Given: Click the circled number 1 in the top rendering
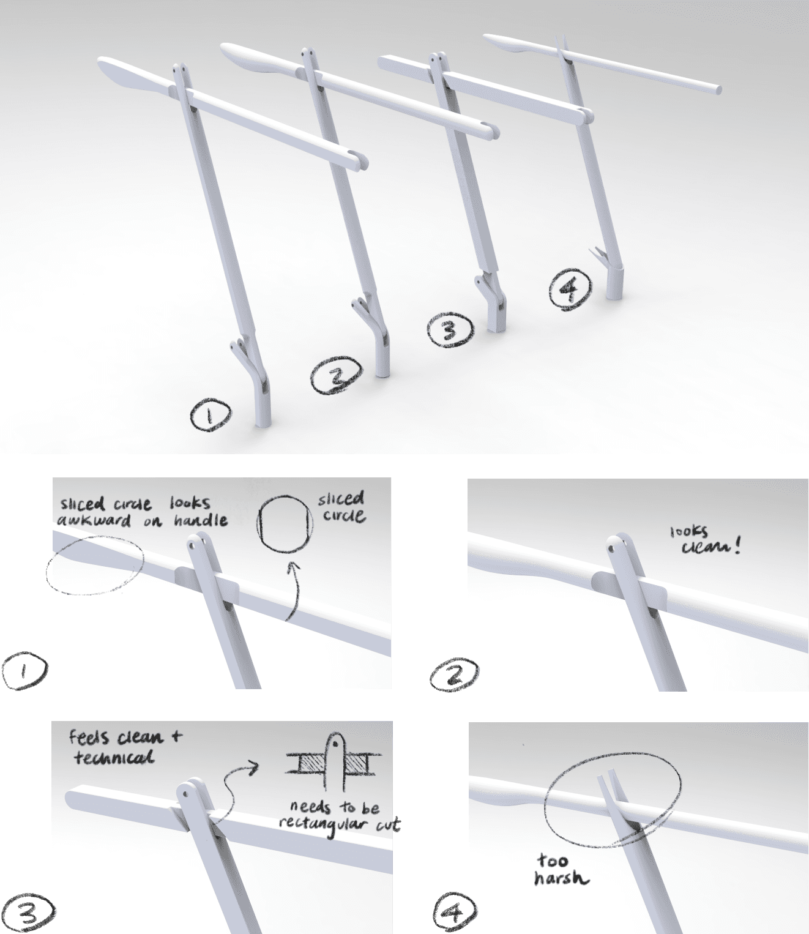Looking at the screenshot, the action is tap(210, 415).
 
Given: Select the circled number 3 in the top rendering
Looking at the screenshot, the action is tap(450, 331).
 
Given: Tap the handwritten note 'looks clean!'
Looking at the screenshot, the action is tap(705, 540).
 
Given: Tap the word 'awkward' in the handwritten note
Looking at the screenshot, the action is tap(94, 521).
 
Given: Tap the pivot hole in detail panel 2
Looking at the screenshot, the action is tap(612, 550).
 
